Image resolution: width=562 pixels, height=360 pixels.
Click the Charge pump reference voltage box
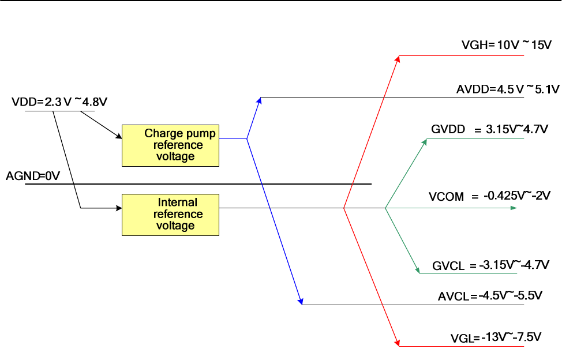(x=170, y=145)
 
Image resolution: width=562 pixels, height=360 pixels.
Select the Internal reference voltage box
(x=170, y=214)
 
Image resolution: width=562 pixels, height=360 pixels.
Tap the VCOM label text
(x=446, y=197)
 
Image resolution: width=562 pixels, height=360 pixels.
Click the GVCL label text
(x=448, y=266)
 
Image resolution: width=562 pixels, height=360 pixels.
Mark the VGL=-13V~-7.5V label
(x=496, y=337)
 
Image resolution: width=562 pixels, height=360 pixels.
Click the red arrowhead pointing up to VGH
(x=398, y=58)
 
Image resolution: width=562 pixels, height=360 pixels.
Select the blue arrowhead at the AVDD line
(x=260, y=100)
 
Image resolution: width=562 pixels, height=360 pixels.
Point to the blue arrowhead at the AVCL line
(x=300, y=301)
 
